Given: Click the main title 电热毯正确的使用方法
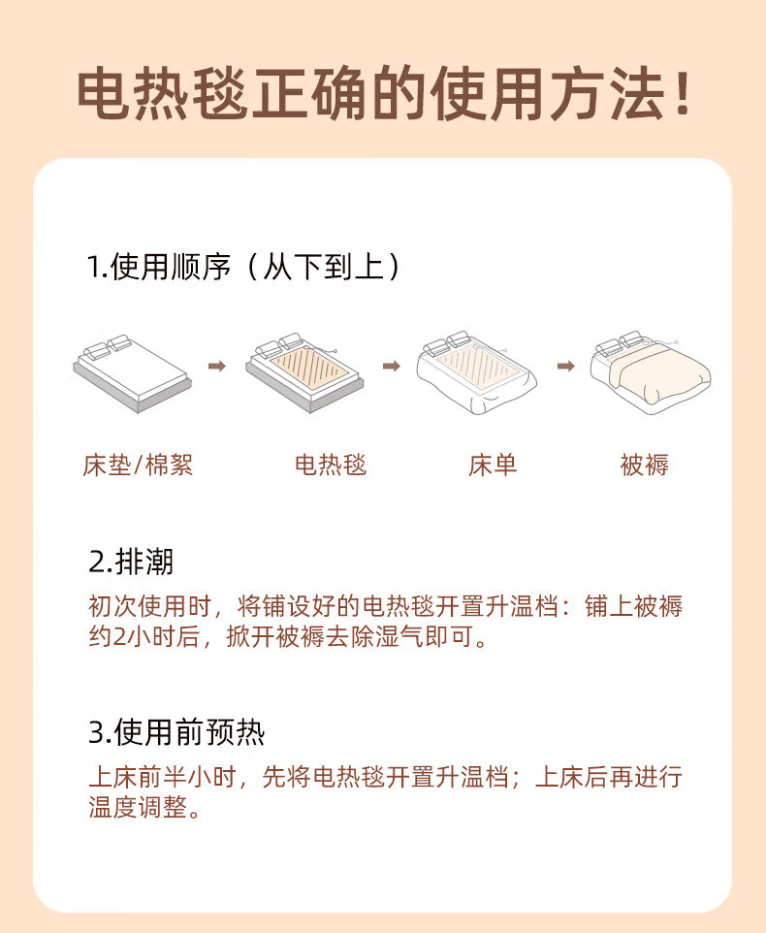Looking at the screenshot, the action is pos(370,95).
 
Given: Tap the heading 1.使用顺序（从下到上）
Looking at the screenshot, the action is pos(244,266).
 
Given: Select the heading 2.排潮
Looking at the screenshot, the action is pos(131,562).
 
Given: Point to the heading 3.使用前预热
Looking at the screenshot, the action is pos(176,731).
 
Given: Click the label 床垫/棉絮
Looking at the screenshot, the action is pos(138,465).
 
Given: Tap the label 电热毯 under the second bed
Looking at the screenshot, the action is pos(331,465).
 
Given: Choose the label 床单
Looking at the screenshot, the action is pos(493,465).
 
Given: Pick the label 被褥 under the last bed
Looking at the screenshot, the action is pos(644,465).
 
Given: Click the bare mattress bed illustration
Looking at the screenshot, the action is pos(133,373).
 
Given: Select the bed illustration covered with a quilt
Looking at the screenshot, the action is pos(651,371).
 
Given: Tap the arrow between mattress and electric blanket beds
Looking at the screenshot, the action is pos(217,366).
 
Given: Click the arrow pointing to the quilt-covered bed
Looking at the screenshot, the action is pos(566,366).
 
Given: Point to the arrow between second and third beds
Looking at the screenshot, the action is pos(392,366).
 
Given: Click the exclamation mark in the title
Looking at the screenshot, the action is pos(683,93).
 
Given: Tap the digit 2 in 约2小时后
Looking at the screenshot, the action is pos(119,636).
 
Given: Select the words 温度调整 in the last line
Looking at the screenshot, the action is pos(138,808).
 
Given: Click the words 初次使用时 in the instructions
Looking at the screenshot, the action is pos(150,606).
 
